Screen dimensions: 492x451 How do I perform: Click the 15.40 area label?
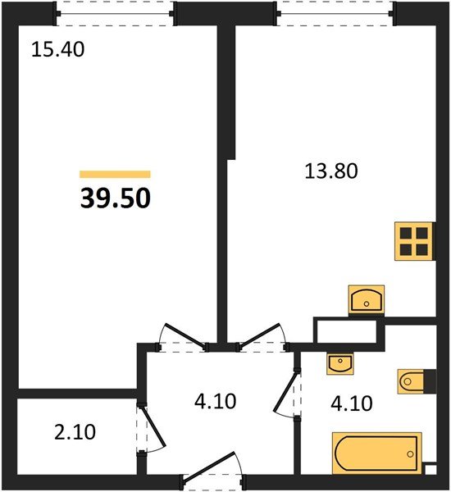click(x=57, y=50)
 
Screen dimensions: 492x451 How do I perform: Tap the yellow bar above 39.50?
click(x=115, y=174)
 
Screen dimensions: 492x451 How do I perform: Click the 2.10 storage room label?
click(x=70, y=431)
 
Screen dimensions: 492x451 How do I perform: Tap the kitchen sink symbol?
click(x=366, y=299)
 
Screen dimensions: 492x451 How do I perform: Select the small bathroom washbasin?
click(x=339, y=363)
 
